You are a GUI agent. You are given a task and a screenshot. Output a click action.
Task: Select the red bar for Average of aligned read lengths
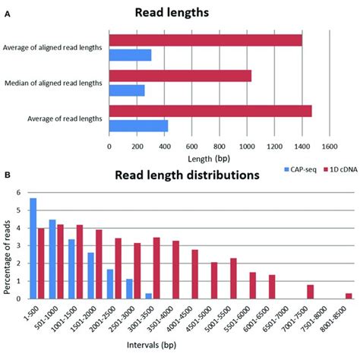coord(205,40)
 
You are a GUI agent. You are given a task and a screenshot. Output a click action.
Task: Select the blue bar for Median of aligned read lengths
coord(127,90)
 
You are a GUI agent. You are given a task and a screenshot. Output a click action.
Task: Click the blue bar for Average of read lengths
coord(138,125)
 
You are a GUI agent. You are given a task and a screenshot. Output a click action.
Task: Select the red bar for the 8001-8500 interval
coord(349,295)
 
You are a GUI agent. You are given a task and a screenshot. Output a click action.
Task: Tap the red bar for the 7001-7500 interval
coord(310,291)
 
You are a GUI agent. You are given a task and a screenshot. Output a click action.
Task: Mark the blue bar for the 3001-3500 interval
coord(148,295)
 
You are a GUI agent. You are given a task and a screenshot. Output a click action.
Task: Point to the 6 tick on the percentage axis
coord(21,192)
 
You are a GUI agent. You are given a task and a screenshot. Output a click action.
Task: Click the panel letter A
coord(7,13)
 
